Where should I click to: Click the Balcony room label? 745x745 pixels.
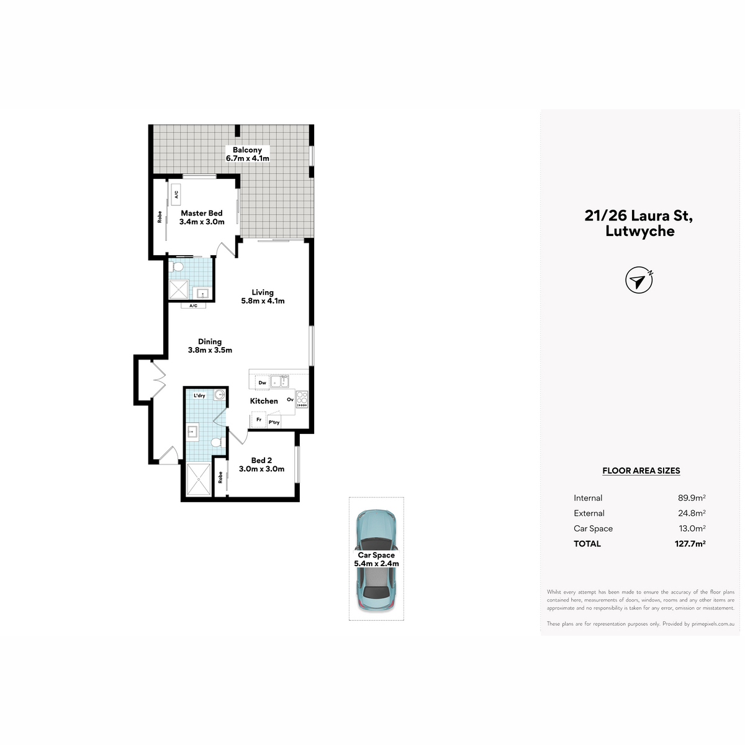point(247,150)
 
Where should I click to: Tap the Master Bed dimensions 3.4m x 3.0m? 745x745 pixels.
point(202,222)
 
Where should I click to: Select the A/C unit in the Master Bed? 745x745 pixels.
point(177,194)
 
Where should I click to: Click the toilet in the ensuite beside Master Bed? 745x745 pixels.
point(178,266)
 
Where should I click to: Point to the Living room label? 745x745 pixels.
point(263,292)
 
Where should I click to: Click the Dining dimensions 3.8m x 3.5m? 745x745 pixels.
point(210,350)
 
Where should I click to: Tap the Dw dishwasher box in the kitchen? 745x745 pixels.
point(263,383)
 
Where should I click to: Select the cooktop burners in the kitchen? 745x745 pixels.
point(302,399)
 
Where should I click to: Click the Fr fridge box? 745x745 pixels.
point(259,420)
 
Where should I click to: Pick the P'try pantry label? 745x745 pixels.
point(274,422)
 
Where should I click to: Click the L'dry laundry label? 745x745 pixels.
point(199,395)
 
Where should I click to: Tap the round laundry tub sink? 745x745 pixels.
point(220,395)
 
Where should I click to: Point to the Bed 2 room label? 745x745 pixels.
point(261,460)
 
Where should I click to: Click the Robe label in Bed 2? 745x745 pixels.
point(220,477)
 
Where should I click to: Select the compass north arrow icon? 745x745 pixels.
point(639,280)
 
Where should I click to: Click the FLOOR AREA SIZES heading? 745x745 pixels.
point(641,471)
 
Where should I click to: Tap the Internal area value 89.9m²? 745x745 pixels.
point(692,497)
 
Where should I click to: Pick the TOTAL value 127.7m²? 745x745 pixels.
point(690,544)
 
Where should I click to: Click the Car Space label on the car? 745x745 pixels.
point(376,555)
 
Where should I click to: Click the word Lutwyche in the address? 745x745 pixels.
point(640,231)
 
